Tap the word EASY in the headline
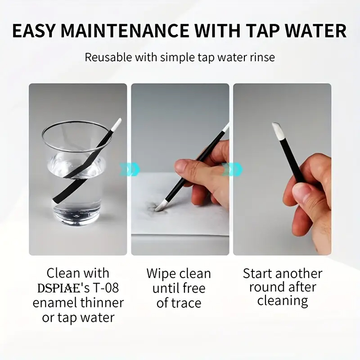pyautogui.click(x=34, y=31)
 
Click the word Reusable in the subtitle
pyautogui.click(x=108, y=57)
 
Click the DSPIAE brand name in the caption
pyautogui.click(x=58, y=288)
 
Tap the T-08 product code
pyautogui.click(x=106, y=288)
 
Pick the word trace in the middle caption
pyautogui.click(x=186, y=303)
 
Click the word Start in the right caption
pyautogui.click(x=257, y=274)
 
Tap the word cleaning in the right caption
pyautogui.click(x=283, y=301)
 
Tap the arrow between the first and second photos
pyautogui.click(x=129, y=170)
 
